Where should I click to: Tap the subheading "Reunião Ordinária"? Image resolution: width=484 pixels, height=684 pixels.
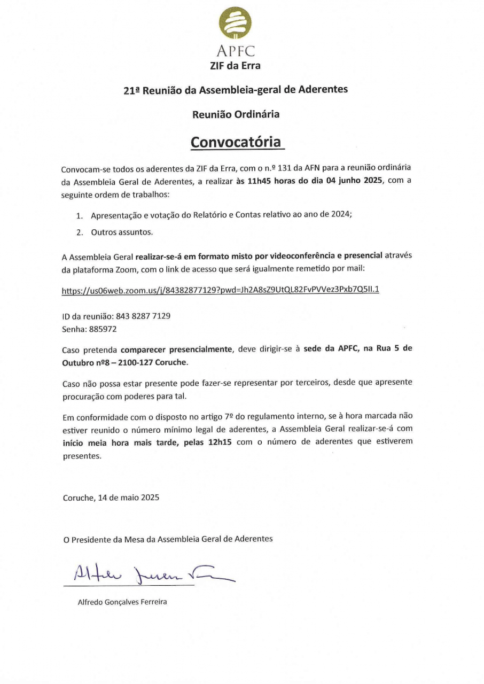point(236,114)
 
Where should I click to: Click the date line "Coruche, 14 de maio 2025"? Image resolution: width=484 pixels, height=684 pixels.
point(111,497)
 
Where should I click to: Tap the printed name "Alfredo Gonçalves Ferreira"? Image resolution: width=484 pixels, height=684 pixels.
point(122,602)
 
